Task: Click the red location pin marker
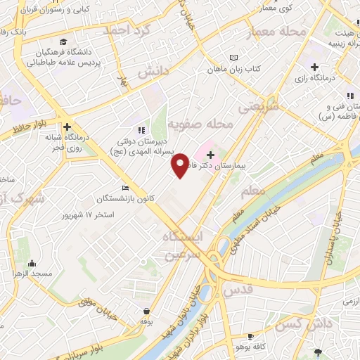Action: coord(180,165)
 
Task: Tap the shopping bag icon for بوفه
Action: coord(146,311)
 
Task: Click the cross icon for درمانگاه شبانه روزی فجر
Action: coord(67,127)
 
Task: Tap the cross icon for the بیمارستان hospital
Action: coord(211,155)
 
